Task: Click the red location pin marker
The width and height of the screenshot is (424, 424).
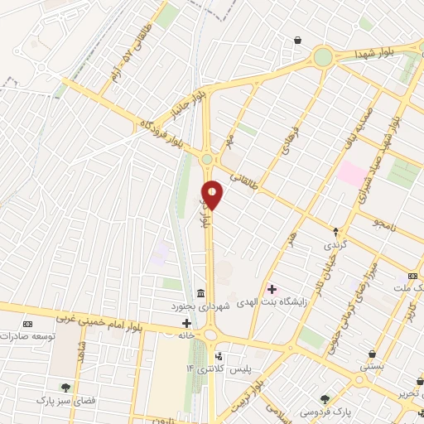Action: pyautogui.click(x=213, y=195)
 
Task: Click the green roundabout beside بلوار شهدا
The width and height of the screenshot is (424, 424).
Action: pyautogui.click(x=322, y=56)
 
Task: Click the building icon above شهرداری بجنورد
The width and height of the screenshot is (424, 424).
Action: pyautogui.click(x=200, y=292)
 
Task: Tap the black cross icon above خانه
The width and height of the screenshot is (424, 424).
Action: pyautogui.click(x=186, y=322)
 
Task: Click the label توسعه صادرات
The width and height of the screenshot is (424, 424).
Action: pyautogui.click(x=26, y=337)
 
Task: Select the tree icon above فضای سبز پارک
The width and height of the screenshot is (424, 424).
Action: pyautogui.click(x=65, y=387)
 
